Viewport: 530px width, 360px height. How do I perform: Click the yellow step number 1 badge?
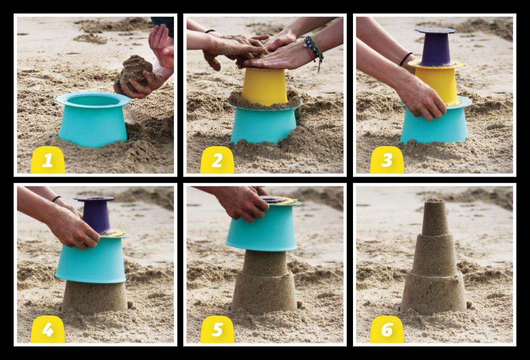tap(48, 160)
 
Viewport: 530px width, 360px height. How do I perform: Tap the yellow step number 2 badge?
tap(217, 160)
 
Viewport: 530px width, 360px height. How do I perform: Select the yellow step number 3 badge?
tap(387, 160)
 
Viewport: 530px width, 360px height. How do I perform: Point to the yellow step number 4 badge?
tap(48, 329)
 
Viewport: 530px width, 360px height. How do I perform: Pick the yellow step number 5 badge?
tap(217, 329)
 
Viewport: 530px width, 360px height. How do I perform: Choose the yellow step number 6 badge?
tap(387, 329)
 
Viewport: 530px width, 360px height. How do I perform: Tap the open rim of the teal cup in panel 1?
tap(93, 99)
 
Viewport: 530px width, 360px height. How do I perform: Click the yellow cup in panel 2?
tap(264, 87)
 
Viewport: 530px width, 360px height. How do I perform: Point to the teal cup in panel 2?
tap(263, 123)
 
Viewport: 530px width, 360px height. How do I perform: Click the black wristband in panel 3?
tap(406, 59)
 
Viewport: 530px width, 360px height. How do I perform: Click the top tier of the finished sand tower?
tap(435, 217)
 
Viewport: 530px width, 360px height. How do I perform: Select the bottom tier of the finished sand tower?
tap(434, 293)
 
